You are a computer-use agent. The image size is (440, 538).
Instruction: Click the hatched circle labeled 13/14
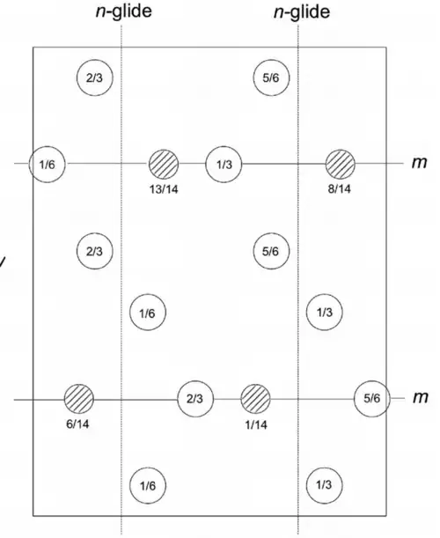coord(164,164)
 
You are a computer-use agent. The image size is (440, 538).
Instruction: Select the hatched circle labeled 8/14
coord(341,164)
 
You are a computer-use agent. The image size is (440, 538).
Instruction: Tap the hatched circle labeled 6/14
coord(79,399)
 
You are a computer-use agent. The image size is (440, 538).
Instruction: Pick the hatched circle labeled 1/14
coord(255,399)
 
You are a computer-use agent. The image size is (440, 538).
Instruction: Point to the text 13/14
coord(164,189)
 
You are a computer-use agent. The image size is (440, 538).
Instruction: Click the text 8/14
coord(340,188)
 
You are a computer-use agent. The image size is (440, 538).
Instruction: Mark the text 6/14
coord(77,424)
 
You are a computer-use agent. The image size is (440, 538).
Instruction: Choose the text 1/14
coord(256,424)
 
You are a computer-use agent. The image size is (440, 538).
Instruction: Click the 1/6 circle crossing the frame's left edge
coord(47,165)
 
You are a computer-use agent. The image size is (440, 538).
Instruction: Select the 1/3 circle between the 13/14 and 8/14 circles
coord(224,165)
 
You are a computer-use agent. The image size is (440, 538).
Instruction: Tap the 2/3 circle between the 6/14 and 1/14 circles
coord(195,399)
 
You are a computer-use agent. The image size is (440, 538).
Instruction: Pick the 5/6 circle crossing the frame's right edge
coord(371,398)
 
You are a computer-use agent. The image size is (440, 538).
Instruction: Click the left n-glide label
coord(123,11)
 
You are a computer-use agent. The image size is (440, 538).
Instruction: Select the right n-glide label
coord(302,12)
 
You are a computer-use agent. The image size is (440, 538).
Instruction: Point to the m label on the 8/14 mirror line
coord(420,162)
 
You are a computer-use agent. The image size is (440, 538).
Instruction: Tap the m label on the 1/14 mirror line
coord(421,397)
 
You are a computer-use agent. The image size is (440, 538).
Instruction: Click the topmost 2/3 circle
coord(94,77)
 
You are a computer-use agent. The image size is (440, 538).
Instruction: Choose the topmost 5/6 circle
coord(271,77)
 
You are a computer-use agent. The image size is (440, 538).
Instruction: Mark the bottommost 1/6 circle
coord(148,485)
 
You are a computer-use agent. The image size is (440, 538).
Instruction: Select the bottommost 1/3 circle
coord(324,485)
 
